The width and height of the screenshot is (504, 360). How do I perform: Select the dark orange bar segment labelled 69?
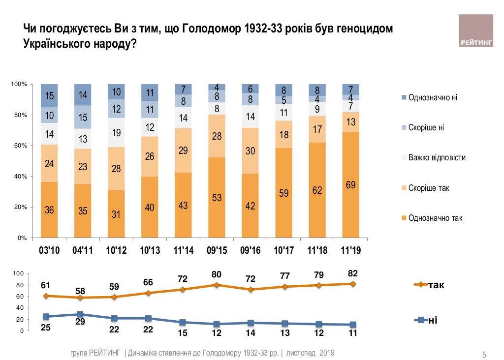coord(350,185)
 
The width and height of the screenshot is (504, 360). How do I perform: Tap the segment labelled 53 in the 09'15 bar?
coord(217,197)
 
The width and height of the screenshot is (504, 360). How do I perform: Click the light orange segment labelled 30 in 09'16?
coord(250,151)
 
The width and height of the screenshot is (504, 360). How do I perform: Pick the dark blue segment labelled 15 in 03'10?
coord(49,96)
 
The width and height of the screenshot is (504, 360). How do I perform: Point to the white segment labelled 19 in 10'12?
coord(116,132)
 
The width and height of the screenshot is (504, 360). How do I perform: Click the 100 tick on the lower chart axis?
coord(18,274)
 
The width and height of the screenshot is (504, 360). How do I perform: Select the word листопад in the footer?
coord(300,353)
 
